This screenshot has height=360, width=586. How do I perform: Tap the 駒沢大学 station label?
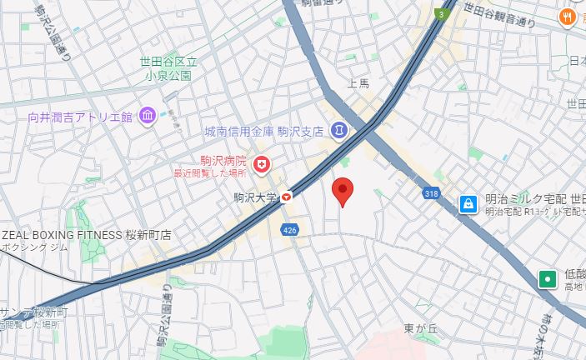(255, 197)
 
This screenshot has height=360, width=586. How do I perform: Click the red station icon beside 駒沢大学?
(287, 197)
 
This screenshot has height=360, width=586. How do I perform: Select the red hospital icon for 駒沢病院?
(262, 166)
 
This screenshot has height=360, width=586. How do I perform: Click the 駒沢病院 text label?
(223, 160)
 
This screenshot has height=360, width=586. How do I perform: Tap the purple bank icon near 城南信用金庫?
(338, 130)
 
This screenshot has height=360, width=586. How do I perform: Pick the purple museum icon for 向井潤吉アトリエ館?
(147, 115)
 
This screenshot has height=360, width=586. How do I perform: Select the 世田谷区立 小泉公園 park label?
(168, 67)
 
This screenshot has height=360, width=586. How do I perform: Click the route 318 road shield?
(431, 193)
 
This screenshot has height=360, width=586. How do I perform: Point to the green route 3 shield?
(439, 14)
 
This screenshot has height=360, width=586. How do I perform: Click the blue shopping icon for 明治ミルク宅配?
(469, 202)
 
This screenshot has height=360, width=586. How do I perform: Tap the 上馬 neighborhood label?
(358, 82)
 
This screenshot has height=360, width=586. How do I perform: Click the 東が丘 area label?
(421, 327)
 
